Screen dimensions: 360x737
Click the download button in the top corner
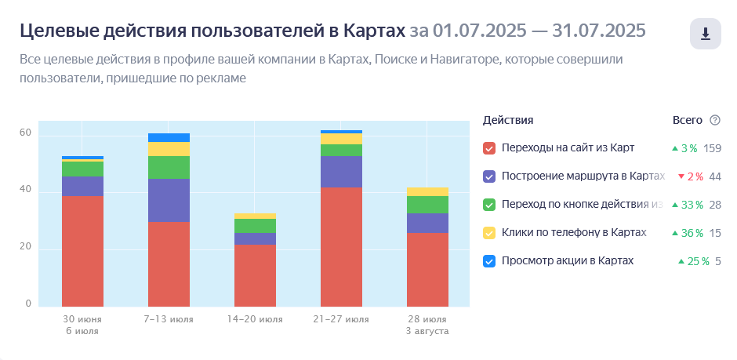[705, 34]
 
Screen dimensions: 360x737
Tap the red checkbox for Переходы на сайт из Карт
[490, 148]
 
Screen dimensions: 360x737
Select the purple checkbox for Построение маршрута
[490, 176]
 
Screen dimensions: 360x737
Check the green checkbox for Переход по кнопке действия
[490, 205]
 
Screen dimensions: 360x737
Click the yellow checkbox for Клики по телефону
[490, 233]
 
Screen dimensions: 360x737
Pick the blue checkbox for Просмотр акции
[490, 261]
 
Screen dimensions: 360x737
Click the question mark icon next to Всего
[714, 120]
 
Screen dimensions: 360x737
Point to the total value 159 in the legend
[712, 148]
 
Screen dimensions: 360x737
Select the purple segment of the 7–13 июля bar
[169, 200]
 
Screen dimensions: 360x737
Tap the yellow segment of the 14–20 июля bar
[255, 216]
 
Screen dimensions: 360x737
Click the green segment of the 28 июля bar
[427, 204]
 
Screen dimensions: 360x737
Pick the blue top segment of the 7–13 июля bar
[169, 137]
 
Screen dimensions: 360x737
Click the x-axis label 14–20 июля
[255, 320]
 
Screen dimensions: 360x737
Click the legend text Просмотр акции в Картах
[567, 261]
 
